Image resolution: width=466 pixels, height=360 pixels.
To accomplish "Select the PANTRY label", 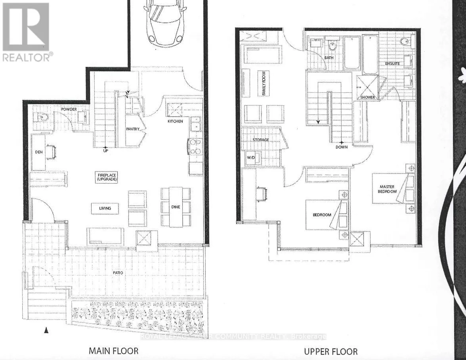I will tap(134, 129).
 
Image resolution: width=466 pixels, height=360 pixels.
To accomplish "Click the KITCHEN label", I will tap(175, 121).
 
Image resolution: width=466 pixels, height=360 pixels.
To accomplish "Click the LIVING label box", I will tap(105, 208).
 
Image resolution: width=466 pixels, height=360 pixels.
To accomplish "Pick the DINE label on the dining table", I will tap(176, 206).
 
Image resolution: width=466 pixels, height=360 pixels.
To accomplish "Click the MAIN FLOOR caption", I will tap(113, 350).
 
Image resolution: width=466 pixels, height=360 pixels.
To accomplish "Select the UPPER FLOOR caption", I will tap(330, 351).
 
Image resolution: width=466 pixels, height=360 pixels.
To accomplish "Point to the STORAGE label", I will tap(261, 140).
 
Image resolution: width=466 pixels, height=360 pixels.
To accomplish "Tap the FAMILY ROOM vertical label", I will tap(263, 83).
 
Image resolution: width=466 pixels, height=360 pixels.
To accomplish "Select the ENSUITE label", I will tap(392, 64).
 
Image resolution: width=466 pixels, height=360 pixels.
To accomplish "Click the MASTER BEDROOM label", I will tap(388, 189).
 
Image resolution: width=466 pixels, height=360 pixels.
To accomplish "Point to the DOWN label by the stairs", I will tap(341, 147).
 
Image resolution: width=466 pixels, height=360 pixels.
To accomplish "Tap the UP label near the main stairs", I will tap(105, 150).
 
